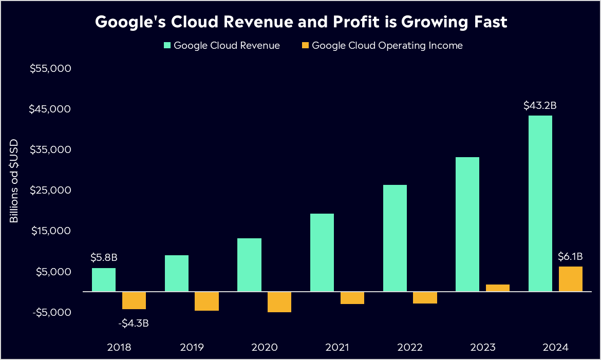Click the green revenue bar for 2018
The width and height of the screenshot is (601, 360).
(104, 279)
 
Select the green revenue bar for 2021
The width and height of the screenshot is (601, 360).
(322, 252)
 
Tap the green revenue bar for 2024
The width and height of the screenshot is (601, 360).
(540, 203)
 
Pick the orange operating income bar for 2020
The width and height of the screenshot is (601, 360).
(279, 302)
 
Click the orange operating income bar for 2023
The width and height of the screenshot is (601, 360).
(498, 288)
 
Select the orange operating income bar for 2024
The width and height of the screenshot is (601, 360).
(570, 279)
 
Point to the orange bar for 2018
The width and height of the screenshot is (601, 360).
(134, 300)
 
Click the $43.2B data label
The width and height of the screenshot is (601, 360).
(540, 106)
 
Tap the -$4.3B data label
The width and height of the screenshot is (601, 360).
(134, 324)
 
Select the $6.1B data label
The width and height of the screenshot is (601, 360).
(570, 256)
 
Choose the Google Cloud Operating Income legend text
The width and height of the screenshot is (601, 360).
(387, 46)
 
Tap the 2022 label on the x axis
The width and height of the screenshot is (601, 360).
(410, 347)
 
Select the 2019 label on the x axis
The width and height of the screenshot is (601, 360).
(192, 347)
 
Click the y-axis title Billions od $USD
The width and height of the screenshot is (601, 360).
(14, 181)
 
